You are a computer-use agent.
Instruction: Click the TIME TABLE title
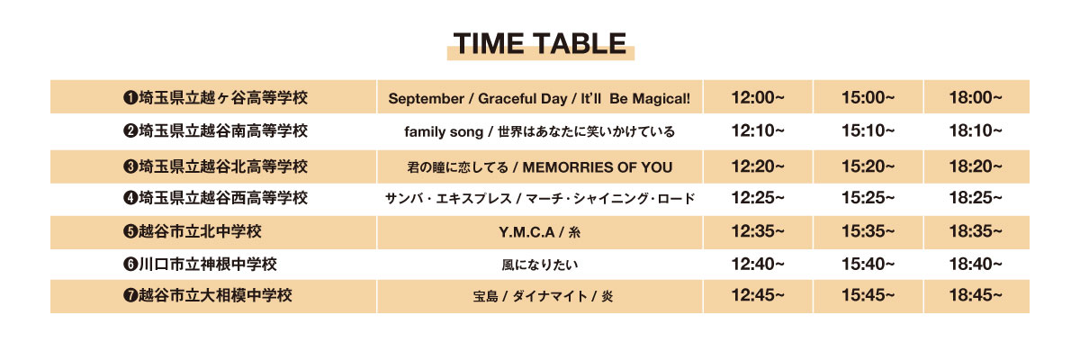[540, 44]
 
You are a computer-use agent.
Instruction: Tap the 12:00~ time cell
[758, 98]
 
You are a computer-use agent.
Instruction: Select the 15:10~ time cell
[868, 130]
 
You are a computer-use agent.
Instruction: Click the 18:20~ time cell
[976, 166]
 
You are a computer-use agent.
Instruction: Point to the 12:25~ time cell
[758, 198]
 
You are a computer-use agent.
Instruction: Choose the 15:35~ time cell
[868, 231]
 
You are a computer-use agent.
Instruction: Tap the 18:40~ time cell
[976, 264]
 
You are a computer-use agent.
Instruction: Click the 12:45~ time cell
[758, 295]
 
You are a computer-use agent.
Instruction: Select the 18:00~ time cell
[976, 98]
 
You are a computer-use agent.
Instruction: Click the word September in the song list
[427, 99]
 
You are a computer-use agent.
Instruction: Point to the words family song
[444, 132]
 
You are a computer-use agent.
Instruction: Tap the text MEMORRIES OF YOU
[598, 167]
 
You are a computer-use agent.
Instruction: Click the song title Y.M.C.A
[526, 232]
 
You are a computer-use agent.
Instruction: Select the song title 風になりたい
[540, 265]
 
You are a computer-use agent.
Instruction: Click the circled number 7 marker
[130, 295]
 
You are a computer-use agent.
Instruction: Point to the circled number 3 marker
[130, 166]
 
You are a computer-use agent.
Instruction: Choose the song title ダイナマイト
[550, 296]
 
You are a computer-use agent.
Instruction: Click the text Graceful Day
[523, 99]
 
